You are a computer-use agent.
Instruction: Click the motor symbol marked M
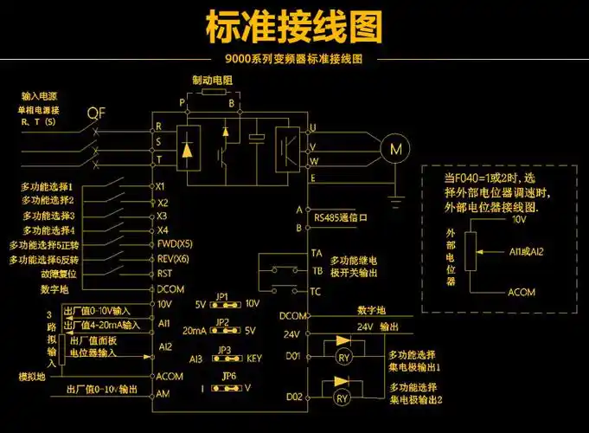[396, 149]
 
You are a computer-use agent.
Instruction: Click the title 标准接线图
[294, 28]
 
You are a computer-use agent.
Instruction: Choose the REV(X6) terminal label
[173, 259]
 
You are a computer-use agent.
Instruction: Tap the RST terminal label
[165, 274]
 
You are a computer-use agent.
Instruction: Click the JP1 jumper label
[222, 296]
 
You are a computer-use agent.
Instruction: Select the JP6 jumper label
[228, 375]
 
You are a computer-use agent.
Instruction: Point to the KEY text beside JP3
[254, 358]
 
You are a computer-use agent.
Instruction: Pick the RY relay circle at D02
[342, 398]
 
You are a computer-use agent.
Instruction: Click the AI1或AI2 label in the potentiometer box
[527, 251]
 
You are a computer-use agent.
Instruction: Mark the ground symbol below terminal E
[396, 202]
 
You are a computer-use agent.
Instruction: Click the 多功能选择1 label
[47, 186]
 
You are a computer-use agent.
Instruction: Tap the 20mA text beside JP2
[195, 331]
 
